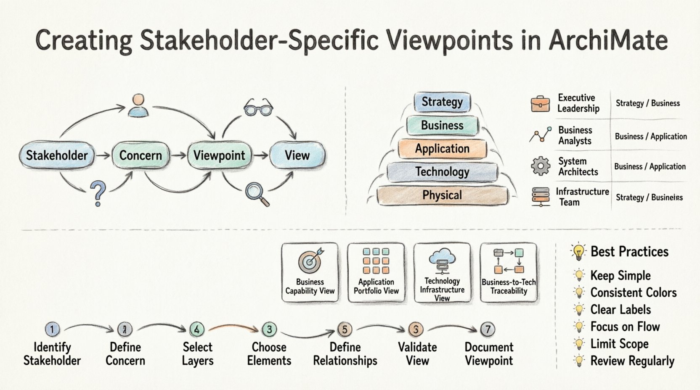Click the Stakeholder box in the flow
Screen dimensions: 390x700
pyautogui.click(x=56, y=155)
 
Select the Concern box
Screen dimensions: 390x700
pyautogui.click(x=141, y=155)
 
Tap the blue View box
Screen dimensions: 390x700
pyautogui.click(x=297, y=155)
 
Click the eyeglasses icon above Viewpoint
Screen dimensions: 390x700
pyautogui.click(x=258, y=108)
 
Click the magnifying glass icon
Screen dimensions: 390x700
pyautogui.click(x=257, y=194)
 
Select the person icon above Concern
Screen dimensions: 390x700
pyautogui.click(x=138, y=106)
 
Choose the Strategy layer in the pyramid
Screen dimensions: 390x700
pyautogui.click(x=442, y=102)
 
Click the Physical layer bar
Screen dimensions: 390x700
pyautogui.click(x=442, y=195)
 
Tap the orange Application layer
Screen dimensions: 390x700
pyautogui.click(x=442, y=149)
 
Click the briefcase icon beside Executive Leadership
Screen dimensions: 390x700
pyautogui.click(x=540, y=104)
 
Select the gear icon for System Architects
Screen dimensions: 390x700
pyautogui.click(x=541, y=166)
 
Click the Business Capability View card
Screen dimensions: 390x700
pyautogui.click(x=310, y=272)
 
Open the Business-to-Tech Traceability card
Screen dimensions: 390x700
pyautogui.click(x=509, y=272)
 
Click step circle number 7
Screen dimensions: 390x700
pyautogui.click(x=488, y=329)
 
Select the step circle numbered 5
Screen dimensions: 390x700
pyautogui.click(x=345, y=329)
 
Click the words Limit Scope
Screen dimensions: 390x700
pyautogui.click(x=619, y=344)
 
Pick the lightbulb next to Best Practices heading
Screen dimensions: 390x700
pyautogui.click(x=579, y=252)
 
